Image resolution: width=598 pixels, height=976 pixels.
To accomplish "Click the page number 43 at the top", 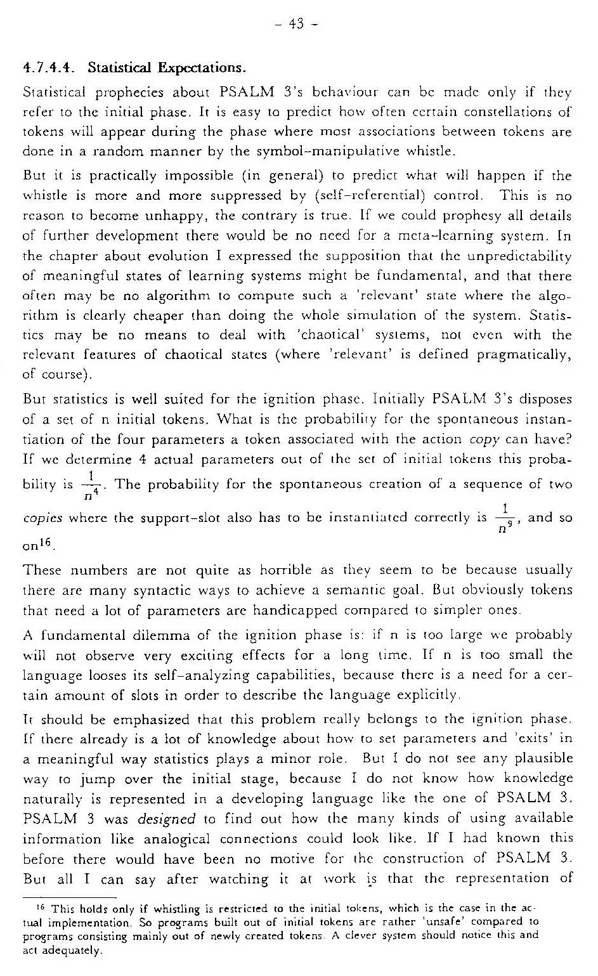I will tap(296, 24).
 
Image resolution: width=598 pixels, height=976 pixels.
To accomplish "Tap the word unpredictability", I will tap(519, 256).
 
